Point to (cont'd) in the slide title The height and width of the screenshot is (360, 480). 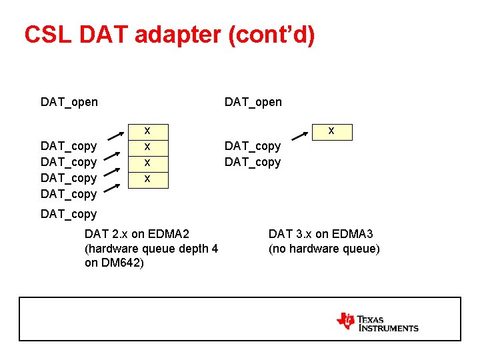(x=272, y=35)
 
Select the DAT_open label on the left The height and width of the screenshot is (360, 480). (x=69, y=102)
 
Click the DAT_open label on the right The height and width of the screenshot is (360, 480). (x=253, y=102)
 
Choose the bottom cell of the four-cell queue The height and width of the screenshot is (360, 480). (x=147, y=179)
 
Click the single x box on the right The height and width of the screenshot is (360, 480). (x=331, y=131)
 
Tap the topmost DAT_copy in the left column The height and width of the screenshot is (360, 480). (x=69, y=146)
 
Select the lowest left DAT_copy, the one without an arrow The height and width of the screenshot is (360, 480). (x=69, y=214)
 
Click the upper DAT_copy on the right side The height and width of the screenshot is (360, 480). (x=253, y=146)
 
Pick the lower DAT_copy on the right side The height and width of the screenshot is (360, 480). (x=253, y=162)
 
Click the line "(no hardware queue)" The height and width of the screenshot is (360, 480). (x=324, y=249)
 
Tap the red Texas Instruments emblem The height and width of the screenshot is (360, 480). (x=346, y=321)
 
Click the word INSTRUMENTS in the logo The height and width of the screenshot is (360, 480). (x=389, y=328)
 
